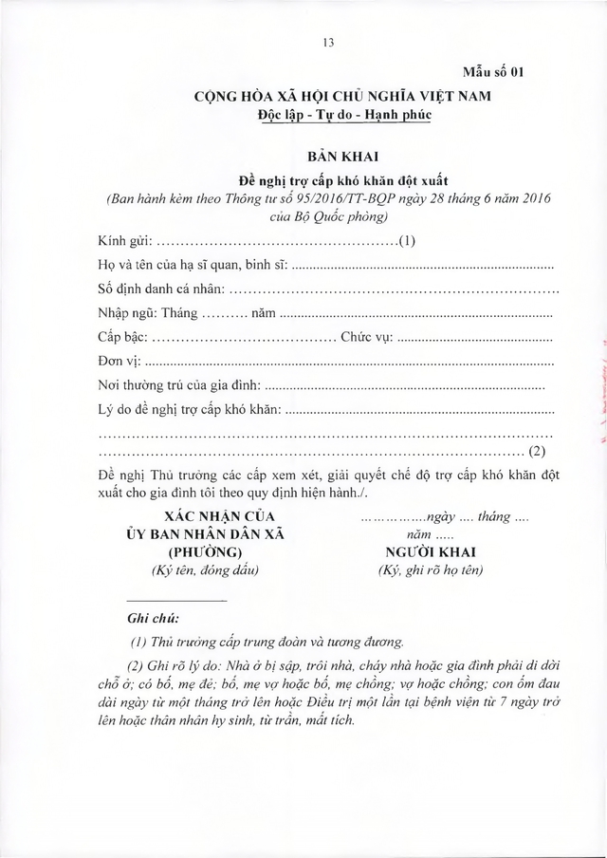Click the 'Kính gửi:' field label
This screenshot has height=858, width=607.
[x=123, y=240]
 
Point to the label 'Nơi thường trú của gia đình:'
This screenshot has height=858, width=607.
[x=177, y=384]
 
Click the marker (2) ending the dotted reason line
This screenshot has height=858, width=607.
[x=537, y=450]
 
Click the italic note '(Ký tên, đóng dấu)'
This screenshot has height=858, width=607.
[x=205, y=569]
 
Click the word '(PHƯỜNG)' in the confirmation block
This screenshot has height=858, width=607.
[x=205, y=552]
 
